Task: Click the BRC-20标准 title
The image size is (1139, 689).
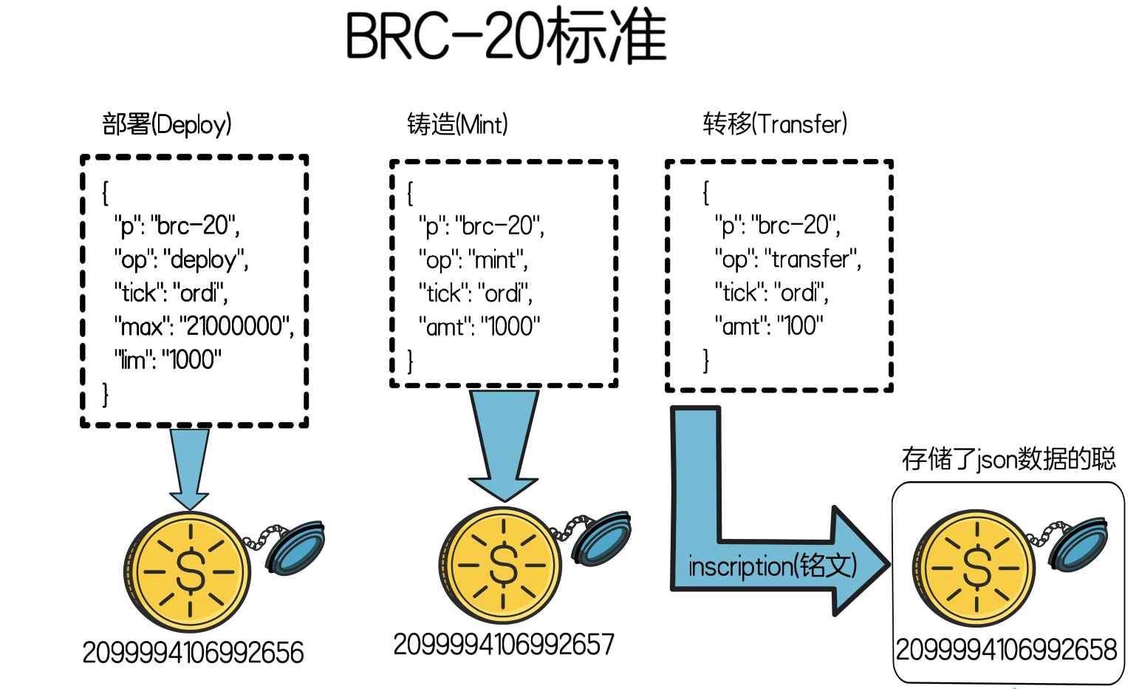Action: coord(506,37)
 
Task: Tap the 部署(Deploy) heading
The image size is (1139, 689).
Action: coord(167,124)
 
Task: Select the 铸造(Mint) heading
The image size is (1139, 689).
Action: coord(457,124)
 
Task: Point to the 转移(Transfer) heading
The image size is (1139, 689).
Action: coord(775,124)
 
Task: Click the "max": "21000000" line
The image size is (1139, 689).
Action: coord(204,326)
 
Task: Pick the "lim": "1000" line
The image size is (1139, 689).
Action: coord(168,360)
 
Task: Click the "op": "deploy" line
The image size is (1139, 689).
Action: coord(181,259)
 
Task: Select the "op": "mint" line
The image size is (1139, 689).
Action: coord(473,260)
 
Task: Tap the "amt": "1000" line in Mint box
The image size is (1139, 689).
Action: coord(479,326)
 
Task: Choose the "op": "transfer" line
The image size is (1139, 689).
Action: coord(788,259)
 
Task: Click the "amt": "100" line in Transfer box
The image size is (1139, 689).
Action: coord(769,325)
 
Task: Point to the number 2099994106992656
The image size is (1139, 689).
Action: coord(193,653)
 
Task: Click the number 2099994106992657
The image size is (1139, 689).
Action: coord(504,645)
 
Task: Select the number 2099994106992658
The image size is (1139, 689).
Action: coord(1006,650)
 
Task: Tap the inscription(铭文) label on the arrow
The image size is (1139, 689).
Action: coord(773,566)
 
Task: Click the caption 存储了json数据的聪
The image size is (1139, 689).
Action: coord(1008,459)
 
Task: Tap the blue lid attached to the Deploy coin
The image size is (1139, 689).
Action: coord(295,548)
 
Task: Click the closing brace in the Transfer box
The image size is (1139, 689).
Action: coord(706,361)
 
